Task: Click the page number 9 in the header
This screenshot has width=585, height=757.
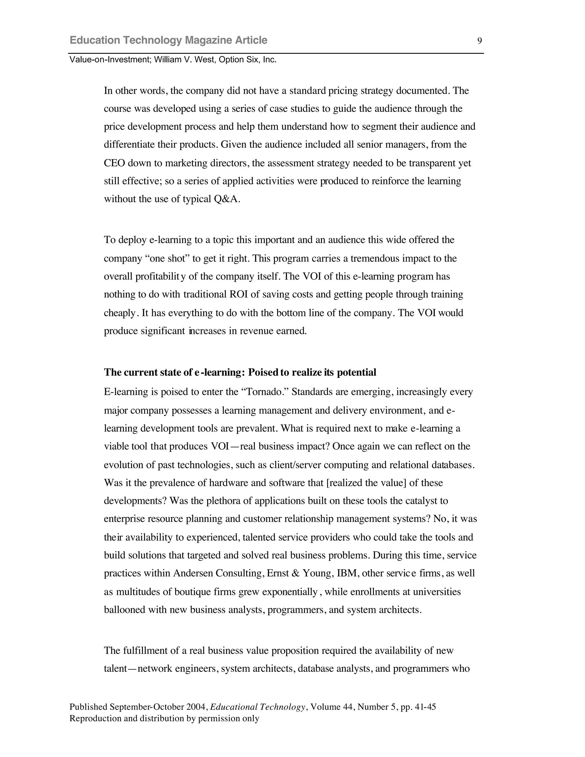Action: click(480, 41)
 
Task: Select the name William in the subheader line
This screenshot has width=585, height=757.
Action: click(167, 60)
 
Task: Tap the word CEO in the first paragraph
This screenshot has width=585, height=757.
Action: click(114, 163)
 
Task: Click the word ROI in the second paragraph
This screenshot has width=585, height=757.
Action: click(239, 295)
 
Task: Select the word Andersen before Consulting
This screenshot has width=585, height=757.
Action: click(193, 573)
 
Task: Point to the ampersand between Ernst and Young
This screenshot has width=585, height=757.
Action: click(296, 573)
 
